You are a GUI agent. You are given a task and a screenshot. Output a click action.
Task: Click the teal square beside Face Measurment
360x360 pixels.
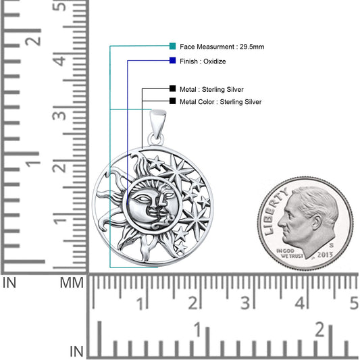[x=173, y=47]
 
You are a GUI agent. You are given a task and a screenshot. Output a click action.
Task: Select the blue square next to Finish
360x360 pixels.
[x=173, y=61]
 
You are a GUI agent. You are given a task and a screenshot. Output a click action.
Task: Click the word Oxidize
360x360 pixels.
[x=214, y=61]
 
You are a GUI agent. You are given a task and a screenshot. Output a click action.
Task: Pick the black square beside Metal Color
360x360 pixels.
[x=173, y=101]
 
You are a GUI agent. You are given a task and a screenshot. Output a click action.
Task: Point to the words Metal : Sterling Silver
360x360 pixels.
[x=211, y=88]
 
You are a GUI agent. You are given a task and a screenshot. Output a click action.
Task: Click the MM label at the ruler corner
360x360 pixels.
[x=72, y=282]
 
